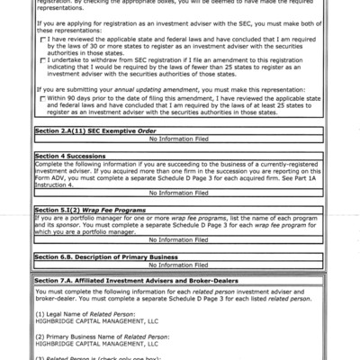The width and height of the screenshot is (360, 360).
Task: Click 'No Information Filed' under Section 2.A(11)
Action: (x=181, y=141)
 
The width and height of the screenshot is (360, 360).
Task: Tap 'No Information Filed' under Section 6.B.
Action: (x=181, y=264)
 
